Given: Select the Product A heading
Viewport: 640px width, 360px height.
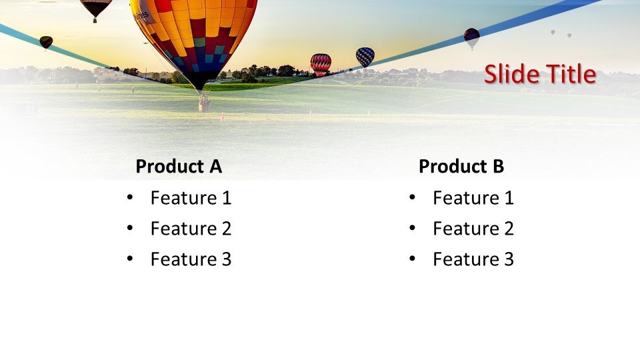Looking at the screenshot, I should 178,167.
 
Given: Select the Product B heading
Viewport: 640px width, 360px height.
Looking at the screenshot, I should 461,167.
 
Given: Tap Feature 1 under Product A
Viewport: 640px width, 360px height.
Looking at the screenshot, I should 191,198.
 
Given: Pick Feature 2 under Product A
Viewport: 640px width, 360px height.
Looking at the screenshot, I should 191,229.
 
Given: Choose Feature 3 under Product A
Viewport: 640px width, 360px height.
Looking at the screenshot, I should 191,259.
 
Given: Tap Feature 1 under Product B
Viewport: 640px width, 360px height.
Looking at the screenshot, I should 473,198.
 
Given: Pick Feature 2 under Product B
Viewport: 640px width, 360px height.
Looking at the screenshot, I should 473,229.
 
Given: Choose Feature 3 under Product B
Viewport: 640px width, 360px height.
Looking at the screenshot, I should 473,259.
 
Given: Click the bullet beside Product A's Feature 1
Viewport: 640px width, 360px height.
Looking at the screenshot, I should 129,197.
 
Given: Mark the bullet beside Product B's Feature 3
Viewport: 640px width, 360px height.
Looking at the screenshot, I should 412,259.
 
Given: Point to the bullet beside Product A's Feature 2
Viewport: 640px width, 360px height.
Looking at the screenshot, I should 129,228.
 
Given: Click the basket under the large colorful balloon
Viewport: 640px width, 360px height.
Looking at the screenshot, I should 204,103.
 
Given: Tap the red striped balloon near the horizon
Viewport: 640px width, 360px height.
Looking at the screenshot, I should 321,63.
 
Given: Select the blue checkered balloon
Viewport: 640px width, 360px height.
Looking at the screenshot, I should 365,57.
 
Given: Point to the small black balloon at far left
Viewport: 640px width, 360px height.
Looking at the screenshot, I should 45,42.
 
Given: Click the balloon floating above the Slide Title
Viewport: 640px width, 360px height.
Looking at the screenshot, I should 471,37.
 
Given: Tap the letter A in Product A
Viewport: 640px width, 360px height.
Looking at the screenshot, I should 215,167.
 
